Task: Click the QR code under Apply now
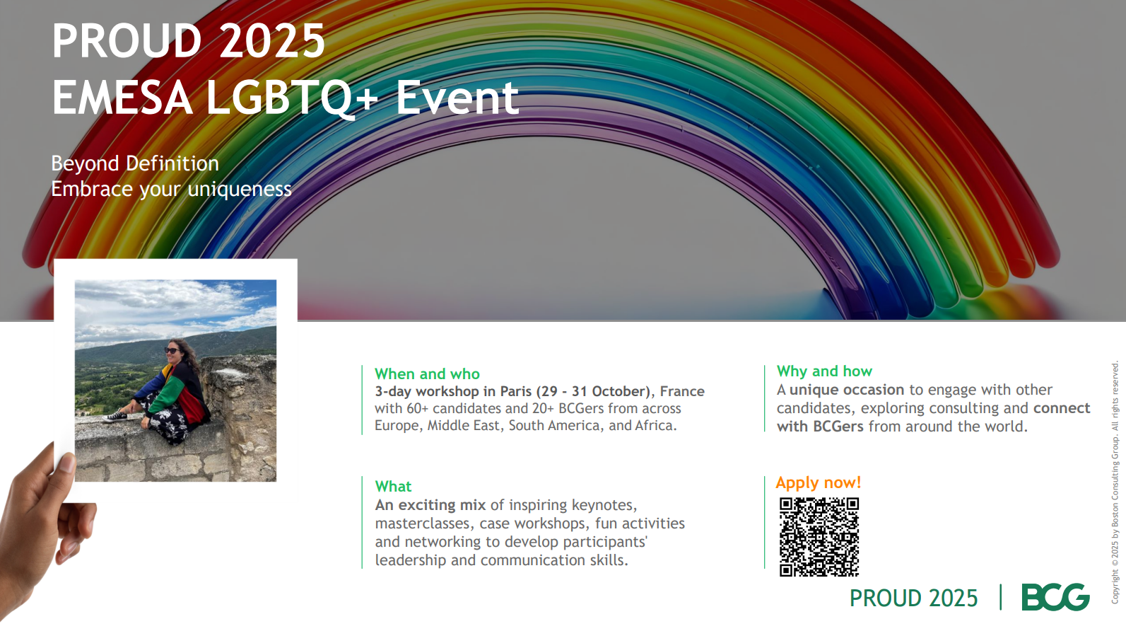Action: click(x=819, y=537)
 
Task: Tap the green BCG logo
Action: click(x=1055, y=597)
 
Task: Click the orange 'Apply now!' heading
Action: click(x=818, y=482)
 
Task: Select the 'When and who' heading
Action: click(x=427, y=374)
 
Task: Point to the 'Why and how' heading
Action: click(x=824, y=371)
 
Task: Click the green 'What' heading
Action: click(x=393, y=487)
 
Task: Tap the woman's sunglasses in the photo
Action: click(x=172, y=351)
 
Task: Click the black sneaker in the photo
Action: click(x=115, y=417)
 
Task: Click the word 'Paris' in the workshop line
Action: click(x=516, y=391)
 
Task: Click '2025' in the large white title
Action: click(x=272, y=41)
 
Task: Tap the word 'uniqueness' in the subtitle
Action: click(x=240, y=190)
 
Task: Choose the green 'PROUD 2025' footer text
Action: click(x=913, y=598)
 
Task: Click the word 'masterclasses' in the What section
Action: click(x=422, y=523)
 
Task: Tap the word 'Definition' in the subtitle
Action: click(x=172, y=163)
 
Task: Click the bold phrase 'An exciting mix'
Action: click(x=430, y=505)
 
